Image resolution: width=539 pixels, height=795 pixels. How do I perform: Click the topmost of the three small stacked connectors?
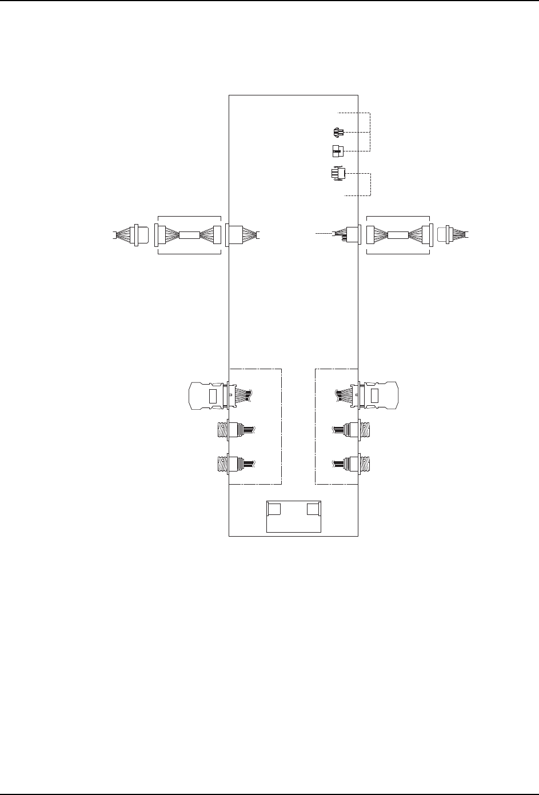[337, 133]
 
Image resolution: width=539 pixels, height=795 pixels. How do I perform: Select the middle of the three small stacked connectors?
[337, 151]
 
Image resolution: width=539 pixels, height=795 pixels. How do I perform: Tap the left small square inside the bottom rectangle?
[274, 509]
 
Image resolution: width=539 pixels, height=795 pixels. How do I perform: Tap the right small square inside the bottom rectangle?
[313, 509]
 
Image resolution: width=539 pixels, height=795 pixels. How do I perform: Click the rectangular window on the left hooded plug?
[213, 395]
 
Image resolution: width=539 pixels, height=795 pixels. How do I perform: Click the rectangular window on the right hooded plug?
[375, 395]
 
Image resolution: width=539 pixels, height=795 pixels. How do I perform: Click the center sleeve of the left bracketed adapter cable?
[188, 234]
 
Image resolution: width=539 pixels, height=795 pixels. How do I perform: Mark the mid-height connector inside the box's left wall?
[235, 234]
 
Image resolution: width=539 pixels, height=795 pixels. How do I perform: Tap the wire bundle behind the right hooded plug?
[343, 394]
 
